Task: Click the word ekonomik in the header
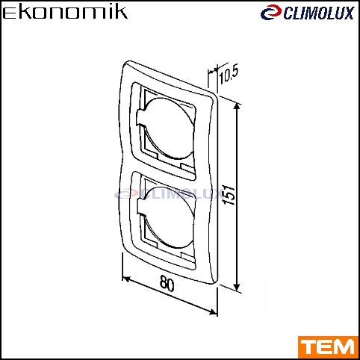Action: tap(65, 13)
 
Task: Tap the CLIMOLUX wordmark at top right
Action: tap(319, 13)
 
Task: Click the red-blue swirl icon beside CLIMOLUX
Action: tap(271, 13)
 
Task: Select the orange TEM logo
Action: tap(328, 347)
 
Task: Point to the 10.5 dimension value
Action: tap(229, 73)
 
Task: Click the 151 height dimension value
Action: tap(229, 195)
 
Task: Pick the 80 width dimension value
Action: tap(167, 283)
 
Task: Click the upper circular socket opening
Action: tap(167, 128)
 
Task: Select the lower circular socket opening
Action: tap(167, 217)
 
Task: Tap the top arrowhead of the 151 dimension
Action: tap(238, 107)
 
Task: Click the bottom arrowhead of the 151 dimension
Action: tap(238, 287)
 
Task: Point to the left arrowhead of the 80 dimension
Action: tap(126, 279)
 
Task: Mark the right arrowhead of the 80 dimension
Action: tap(213, 311)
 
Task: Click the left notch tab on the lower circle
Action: tap(140, 207)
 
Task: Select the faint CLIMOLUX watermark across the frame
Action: tap(168, 194)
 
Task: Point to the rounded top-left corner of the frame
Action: tap(126, 65)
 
